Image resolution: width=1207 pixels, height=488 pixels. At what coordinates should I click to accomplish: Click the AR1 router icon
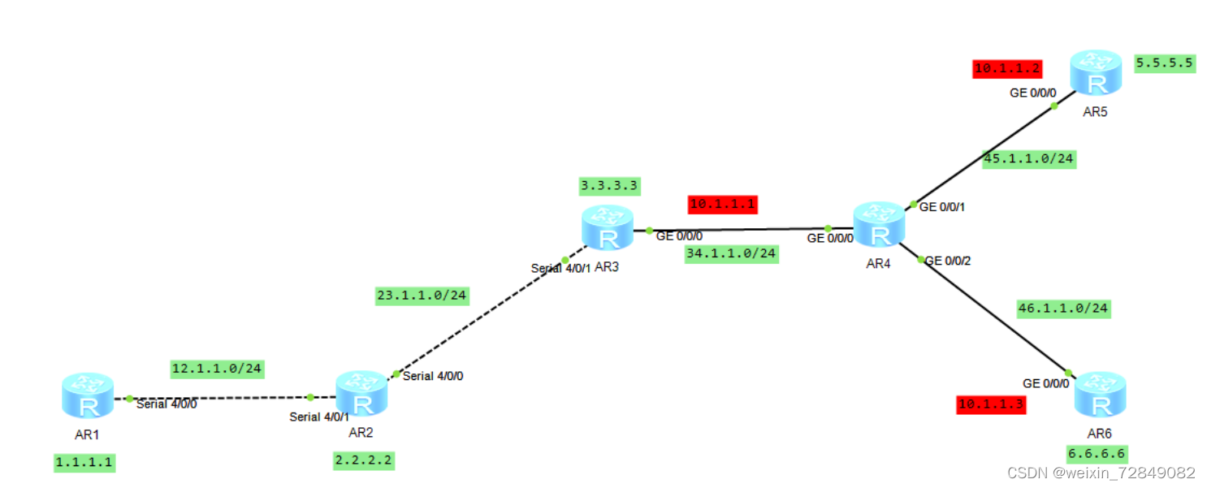87,397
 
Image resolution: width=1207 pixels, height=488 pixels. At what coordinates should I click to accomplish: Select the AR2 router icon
361,395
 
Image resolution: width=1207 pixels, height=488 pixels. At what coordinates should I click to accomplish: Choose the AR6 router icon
1100,395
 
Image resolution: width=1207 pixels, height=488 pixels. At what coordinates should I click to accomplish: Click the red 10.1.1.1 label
722,204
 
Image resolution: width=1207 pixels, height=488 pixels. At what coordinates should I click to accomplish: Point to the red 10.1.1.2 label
1007,69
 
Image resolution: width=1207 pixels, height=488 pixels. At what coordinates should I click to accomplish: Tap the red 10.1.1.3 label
991,404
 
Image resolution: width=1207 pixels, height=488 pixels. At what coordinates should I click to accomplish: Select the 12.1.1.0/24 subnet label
218,369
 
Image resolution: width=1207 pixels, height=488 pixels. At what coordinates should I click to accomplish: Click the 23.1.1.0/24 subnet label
422,296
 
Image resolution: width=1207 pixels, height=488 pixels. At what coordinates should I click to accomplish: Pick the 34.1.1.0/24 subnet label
731,254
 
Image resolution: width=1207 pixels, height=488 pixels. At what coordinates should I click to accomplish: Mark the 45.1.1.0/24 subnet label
1028,159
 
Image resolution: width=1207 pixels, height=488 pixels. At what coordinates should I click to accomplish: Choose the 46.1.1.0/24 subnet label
1062,309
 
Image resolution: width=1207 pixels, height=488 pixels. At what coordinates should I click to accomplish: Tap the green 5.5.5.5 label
1165,63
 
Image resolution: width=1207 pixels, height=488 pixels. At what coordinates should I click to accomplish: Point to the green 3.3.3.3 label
609,186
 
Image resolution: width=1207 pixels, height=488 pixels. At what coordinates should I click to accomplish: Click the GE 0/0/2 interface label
948,261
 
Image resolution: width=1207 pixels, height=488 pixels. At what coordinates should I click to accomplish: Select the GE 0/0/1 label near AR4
942,207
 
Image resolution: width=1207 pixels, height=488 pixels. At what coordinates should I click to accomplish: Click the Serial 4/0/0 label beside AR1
167,404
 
